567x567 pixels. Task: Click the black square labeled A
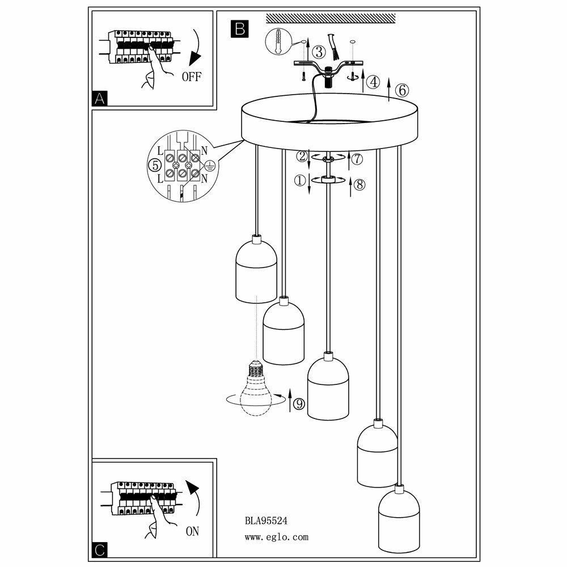[100, 99]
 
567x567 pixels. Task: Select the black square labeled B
[239, 28]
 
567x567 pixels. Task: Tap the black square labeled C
[100, 549]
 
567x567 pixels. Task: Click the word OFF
[191, 77]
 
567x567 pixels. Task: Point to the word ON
[193, 532]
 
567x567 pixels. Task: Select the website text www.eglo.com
[277, 536]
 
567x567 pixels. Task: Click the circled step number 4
[373, 82]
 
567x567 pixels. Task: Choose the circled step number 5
[152, 165]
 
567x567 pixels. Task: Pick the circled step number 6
[400, 90]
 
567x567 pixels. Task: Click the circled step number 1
[299, 180]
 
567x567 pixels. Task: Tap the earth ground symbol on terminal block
[208, 166]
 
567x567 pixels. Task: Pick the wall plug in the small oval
[277, 40]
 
